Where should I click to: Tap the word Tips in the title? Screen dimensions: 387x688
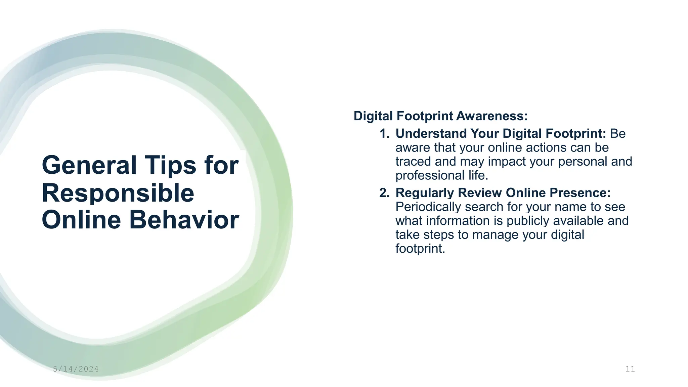170,165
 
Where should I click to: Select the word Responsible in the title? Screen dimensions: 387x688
118,193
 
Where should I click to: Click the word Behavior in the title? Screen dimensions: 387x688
184,220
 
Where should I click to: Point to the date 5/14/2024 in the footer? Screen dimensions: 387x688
76,369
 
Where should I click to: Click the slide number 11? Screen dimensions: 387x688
630,369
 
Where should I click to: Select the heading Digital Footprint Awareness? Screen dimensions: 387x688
440,116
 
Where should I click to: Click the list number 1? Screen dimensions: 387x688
384,134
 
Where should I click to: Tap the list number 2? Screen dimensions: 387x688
384,193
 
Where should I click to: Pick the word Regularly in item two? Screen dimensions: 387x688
425,193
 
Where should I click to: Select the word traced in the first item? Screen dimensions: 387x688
413,162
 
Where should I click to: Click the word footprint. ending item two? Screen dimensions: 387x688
420,249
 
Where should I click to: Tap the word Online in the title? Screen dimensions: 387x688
81,220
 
